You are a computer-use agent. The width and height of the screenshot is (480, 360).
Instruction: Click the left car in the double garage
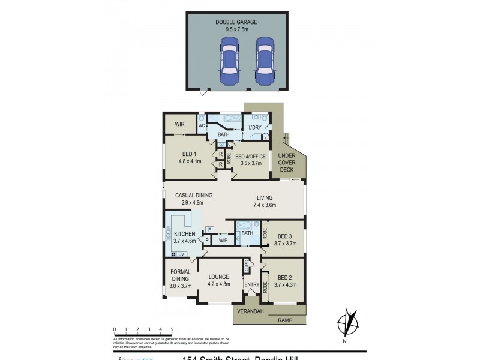(229, 61)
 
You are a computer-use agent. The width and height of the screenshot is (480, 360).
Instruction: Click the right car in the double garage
(264, 61)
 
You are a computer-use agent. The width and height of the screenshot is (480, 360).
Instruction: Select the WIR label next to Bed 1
(179, 124)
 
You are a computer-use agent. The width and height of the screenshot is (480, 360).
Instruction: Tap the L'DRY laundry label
(254, 128)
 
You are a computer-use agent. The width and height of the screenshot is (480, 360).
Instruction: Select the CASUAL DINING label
(194, 195)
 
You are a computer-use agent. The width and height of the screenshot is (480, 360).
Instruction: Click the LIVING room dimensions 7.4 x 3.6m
(265, 205)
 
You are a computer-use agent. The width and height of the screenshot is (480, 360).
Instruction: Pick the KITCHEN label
(185, 233)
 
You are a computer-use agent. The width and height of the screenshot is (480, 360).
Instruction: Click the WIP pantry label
(223, 240)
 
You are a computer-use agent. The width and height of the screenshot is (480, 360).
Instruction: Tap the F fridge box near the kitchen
(209, 229)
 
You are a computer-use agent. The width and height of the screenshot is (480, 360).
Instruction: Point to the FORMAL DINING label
(181, 275)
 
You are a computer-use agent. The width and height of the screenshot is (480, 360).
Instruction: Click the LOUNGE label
(218, 277)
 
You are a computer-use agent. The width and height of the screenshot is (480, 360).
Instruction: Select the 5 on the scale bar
(172, 329)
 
